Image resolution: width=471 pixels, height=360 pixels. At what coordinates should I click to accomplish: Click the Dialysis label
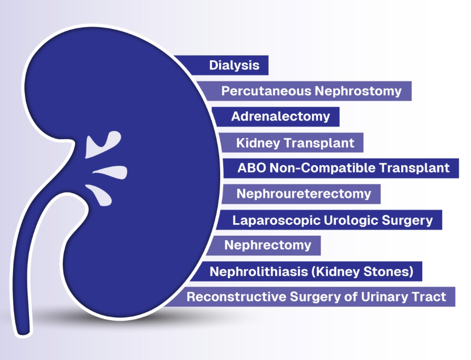click(234, 65)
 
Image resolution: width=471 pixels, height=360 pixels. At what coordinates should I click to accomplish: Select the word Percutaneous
click(266, 91)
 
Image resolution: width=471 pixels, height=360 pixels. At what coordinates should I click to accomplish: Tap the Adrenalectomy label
click(280, 116)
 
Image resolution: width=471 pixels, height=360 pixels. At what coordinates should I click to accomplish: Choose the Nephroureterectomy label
click(304, 194)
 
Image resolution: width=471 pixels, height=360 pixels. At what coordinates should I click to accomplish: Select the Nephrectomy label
click(268, 245)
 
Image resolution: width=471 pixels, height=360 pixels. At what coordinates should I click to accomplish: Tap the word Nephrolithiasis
click(259, 271)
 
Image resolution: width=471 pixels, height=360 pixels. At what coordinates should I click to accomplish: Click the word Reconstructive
click(236, 296)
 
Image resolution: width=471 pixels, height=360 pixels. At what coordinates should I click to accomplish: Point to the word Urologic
click(351, 220)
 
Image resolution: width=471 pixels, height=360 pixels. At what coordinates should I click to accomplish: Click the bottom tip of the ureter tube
click(23, 333)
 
